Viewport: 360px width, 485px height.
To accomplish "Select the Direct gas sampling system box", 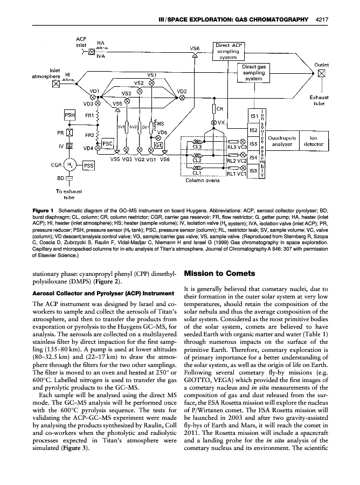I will point(253,73).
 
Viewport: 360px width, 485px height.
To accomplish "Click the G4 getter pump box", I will point(158,145).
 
